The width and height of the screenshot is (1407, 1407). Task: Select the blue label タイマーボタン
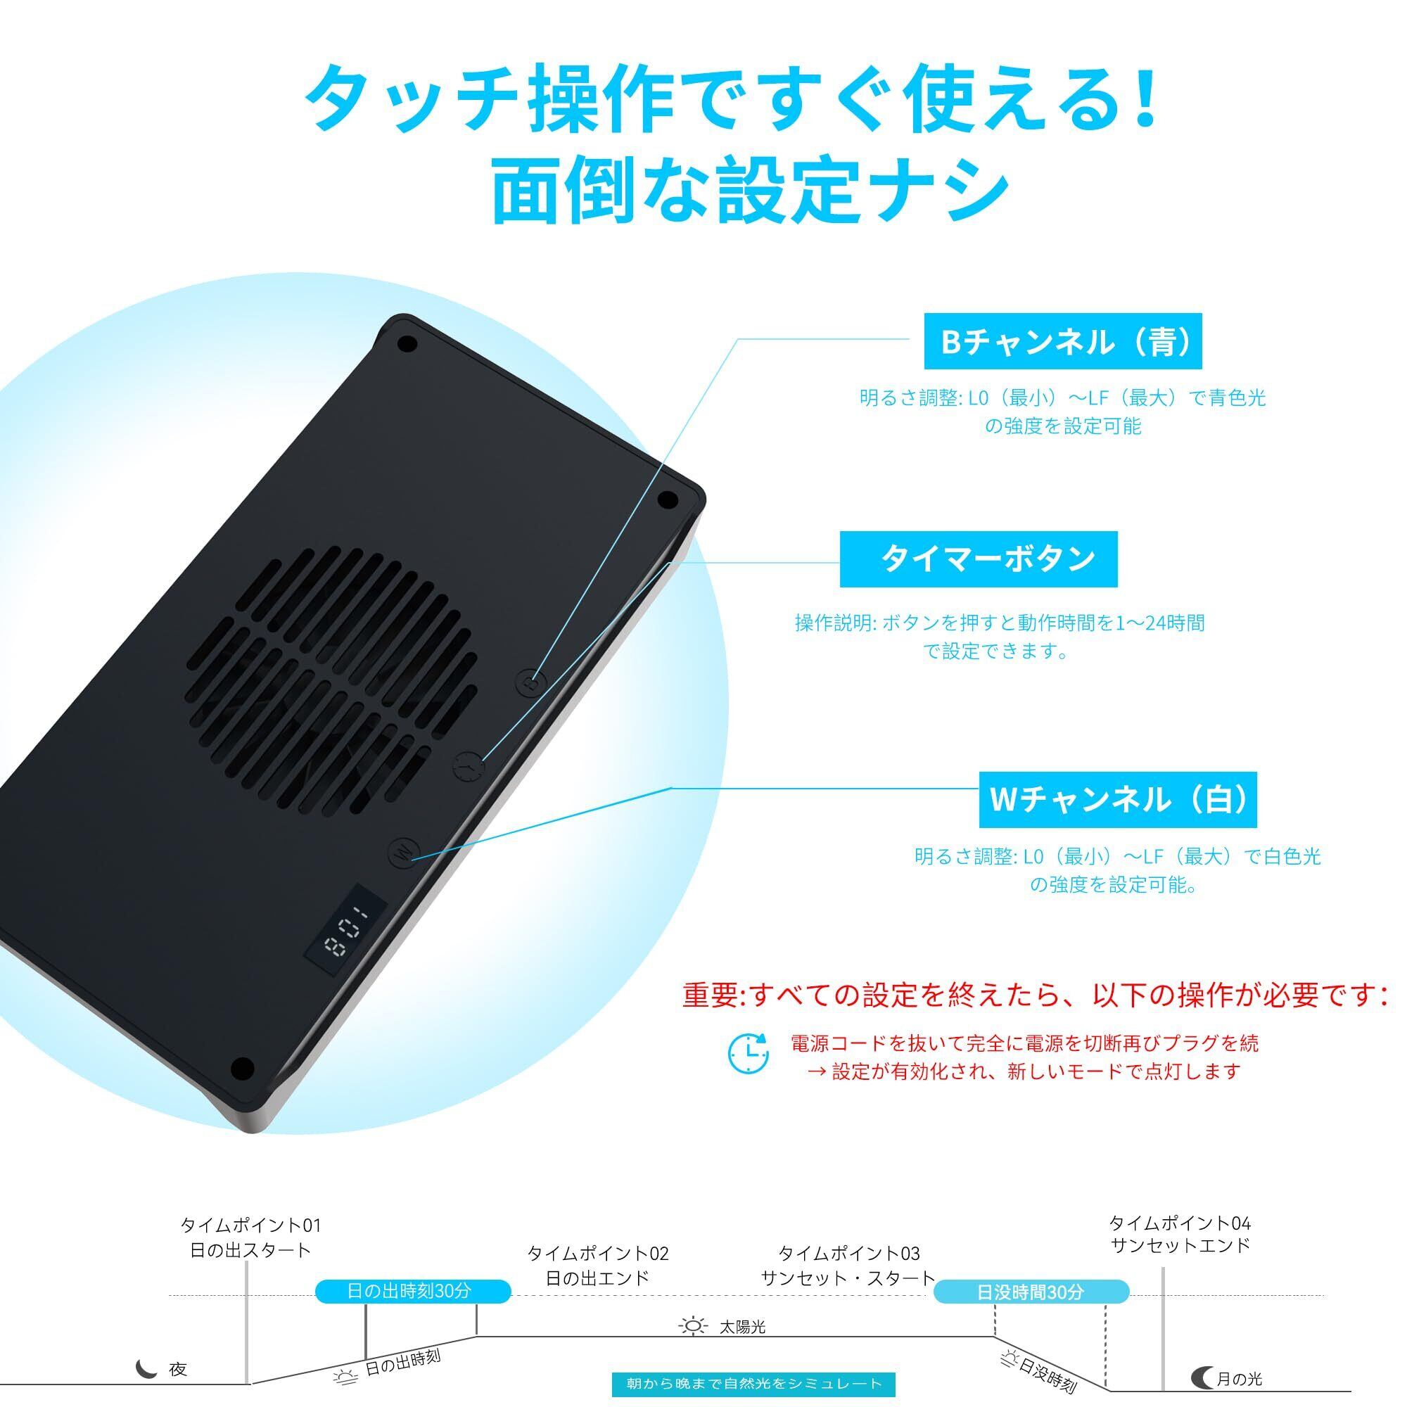tap(978, 559)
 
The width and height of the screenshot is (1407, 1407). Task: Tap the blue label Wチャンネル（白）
tap(1117, 800)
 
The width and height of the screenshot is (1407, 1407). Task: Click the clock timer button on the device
tap(469, 768)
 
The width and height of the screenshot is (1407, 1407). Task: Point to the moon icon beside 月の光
tap(1202, 1378)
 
